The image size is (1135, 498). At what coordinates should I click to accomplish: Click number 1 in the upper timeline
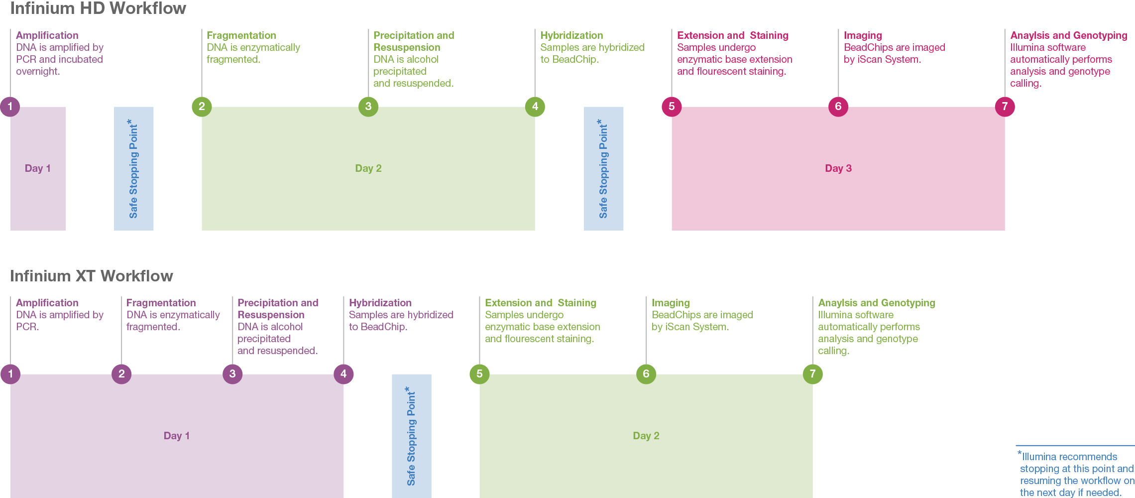click(10, 107)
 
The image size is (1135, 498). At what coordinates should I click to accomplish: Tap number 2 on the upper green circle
click(202, 107)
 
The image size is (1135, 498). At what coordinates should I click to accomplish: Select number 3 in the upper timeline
click(368, 107)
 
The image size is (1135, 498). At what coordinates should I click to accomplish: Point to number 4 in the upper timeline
click(535, 107)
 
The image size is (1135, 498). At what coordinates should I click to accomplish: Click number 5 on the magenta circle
click(672, 107)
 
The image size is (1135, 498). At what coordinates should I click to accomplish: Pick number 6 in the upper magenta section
click(838, 107)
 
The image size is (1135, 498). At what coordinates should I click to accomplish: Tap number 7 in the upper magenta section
click(1005, 107)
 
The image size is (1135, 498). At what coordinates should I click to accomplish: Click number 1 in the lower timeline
click(10, 374)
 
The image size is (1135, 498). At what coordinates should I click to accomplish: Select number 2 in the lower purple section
click(121, 374)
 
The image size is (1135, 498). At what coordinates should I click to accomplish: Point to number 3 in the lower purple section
click(232, 374)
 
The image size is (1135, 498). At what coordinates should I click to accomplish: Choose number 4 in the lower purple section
click(343, 374)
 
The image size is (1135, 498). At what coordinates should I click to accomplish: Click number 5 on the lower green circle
click(479, 374)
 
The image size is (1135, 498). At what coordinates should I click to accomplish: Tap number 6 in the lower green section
click(646, 374)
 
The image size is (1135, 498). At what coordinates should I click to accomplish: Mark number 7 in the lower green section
click(812, 374)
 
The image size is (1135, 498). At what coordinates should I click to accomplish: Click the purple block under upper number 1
click(62, 169)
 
